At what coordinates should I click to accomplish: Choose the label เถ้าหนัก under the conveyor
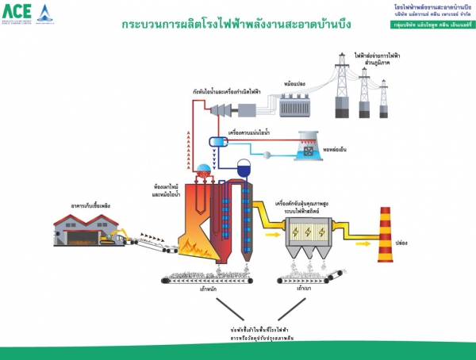[x=209, y=289]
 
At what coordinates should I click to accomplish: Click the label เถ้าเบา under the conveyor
[x=303, y=289]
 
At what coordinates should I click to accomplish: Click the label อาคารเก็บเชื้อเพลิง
[x=89, y=204]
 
